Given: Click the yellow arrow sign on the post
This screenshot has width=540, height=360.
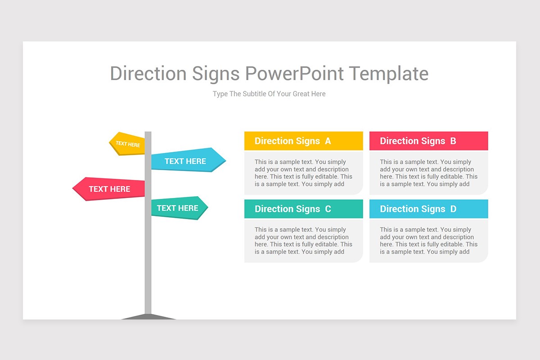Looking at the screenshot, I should [x=127, y=144].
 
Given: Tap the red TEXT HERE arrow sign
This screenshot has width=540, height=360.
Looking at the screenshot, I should [x=109, y=189].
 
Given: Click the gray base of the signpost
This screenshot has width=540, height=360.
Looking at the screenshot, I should [x=148, y=317].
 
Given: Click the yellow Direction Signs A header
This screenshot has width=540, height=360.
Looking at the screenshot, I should [x=303, y=141].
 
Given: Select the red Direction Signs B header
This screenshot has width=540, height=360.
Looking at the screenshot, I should [x=428, y=141].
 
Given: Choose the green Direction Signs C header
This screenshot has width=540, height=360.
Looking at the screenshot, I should [x=303, y=209].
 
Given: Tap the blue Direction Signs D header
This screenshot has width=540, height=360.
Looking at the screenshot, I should [x=428, y=209].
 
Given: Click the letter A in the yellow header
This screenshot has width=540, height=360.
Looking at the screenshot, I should [x=328, y=141].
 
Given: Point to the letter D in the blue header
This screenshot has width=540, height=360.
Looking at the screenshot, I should [x=453, y=209].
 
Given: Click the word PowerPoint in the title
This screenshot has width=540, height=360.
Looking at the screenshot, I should [x=294, y=73].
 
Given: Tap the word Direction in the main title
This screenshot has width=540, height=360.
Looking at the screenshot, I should [x=148, y=73].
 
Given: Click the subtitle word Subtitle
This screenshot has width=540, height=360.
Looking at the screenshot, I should [x=255, y=94].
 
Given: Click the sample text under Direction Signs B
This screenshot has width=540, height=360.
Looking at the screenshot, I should [x=428, y=173].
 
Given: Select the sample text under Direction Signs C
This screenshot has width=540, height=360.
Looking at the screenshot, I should [x=303, y=240].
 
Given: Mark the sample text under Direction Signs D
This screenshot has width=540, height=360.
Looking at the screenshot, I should [x=428, y=240].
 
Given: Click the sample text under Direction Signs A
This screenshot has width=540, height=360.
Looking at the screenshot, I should [x=303, y=173].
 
